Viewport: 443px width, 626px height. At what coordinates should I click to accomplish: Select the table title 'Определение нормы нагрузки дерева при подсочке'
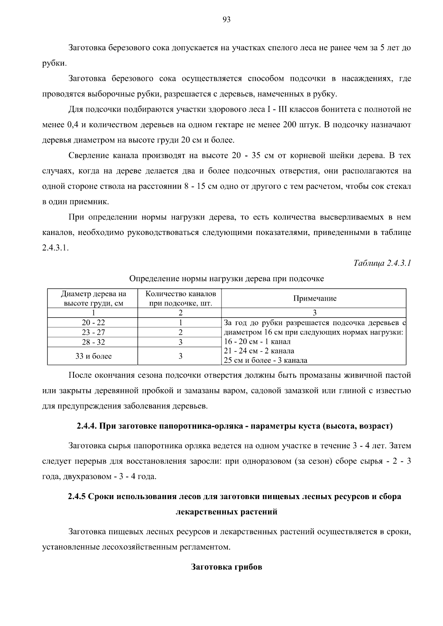(226, 279)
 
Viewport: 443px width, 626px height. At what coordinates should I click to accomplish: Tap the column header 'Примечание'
(315, 298)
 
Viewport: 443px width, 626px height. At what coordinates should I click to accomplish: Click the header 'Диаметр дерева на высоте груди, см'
(93, 298)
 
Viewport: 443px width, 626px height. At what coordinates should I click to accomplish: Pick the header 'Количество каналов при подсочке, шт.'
(181, 298)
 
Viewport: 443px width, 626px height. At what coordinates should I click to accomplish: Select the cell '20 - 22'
(93, 322)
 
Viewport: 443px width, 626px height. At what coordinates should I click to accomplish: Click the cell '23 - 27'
(93, 332)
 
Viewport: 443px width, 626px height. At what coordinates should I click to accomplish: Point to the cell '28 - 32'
(93, 342)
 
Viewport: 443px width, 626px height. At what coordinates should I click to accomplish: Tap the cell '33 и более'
(93, 356)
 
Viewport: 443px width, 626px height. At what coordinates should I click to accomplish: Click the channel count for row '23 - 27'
(181, 332)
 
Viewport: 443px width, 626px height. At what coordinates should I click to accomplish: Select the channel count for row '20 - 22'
(181, 322)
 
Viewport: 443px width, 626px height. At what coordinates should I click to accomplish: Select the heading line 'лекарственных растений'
(226, 512)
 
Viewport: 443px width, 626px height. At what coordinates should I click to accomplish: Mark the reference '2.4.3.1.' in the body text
(55, 248)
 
